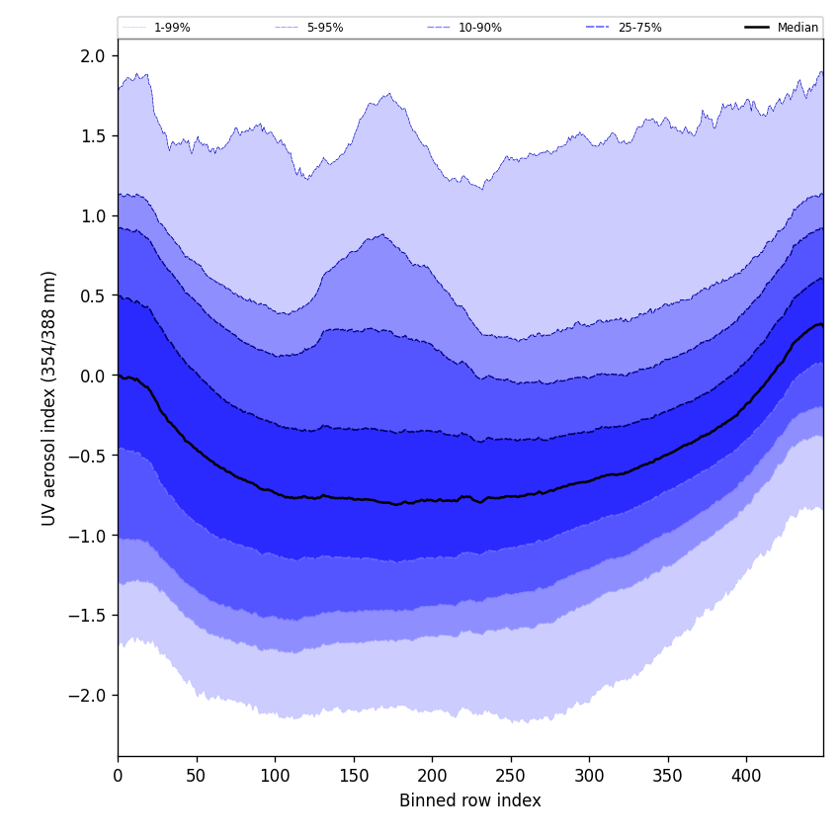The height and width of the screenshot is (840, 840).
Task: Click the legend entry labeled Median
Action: (x=798, y=28)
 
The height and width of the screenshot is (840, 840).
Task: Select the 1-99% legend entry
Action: (x=172, y=28)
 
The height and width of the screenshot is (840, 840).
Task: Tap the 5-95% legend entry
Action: (x=325, y=28)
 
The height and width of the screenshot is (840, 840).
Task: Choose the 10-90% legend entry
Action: (x=479, y=28)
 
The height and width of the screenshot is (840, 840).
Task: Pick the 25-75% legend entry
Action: (x=639, y=28)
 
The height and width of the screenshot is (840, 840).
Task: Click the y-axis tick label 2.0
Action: (x=93, y=56)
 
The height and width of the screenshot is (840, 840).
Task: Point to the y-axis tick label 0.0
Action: (x=93, y=376)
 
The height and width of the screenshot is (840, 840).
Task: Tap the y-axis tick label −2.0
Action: (x=88, y=695)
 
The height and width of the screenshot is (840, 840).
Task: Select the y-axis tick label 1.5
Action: (x=93, y=136)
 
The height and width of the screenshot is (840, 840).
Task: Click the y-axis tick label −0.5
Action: (x=88, y=456)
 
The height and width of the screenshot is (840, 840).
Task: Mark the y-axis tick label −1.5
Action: (x=88, y=616)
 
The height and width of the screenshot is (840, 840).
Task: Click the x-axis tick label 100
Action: (x=275, y=776)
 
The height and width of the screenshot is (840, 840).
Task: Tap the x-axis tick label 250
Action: (x=511, y=776)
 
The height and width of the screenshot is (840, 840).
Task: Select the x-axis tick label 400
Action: (x=746, y=776)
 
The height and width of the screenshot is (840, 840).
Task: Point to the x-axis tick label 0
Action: (x=118, y=776)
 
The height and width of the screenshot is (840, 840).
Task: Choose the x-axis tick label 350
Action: (x=668, y=776)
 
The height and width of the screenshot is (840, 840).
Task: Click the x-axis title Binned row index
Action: (x=470, y=800)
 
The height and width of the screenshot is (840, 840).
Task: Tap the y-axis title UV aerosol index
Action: (x=49, y=397)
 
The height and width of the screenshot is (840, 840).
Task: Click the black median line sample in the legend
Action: (x=757, y=28)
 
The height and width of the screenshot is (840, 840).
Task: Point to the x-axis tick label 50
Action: (x=197, y=776)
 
